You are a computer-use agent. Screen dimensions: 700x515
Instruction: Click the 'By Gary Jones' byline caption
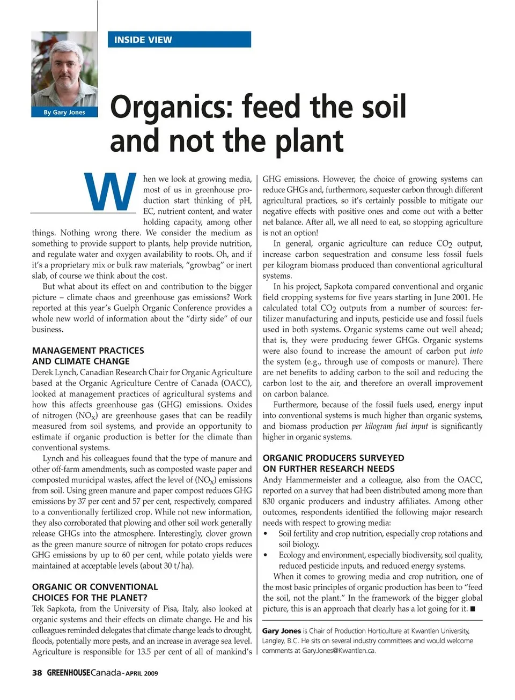[x=64, y=112]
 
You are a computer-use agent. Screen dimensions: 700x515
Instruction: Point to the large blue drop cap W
[x=111, y=191]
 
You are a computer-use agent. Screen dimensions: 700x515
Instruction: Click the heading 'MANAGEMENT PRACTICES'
[x=88, y=351]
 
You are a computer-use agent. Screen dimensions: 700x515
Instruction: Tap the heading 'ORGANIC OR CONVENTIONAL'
[x=95, y=587]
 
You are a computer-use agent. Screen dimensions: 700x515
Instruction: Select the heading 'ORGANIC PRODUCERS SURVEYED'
[x=333, y=458]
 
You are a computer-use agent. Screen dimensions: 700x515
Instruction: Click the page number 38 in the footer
[x=37, y=673]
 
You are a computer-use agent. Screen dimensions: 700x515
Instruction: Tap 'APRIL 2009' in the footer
[x=142, y=673]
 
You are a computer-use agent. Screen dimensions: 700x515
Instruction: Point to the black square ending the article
[x=473, y=609]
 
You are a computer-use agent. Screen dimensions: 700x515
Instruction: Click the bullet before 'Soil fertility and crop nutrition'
[x=266, y=534]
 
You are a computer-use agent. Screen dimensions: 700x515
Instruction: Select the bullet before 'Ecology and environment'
[x=266, y=555]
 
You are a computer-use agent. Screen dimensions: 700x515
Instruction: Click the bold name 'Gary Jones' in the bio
[x=281, y=631]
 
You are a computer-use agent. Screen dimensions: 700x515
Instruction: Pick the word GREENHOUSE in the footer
[x=68, y=673]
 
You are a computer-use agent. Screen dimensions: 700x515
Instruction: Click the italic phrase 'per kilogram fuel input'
[x=389, y=426]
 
